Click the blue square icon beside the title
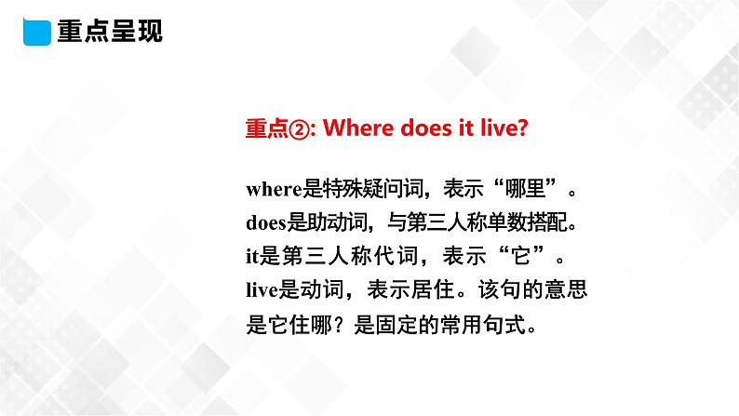tap(35, 32)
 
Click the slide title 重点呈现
tap(110, 32)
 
